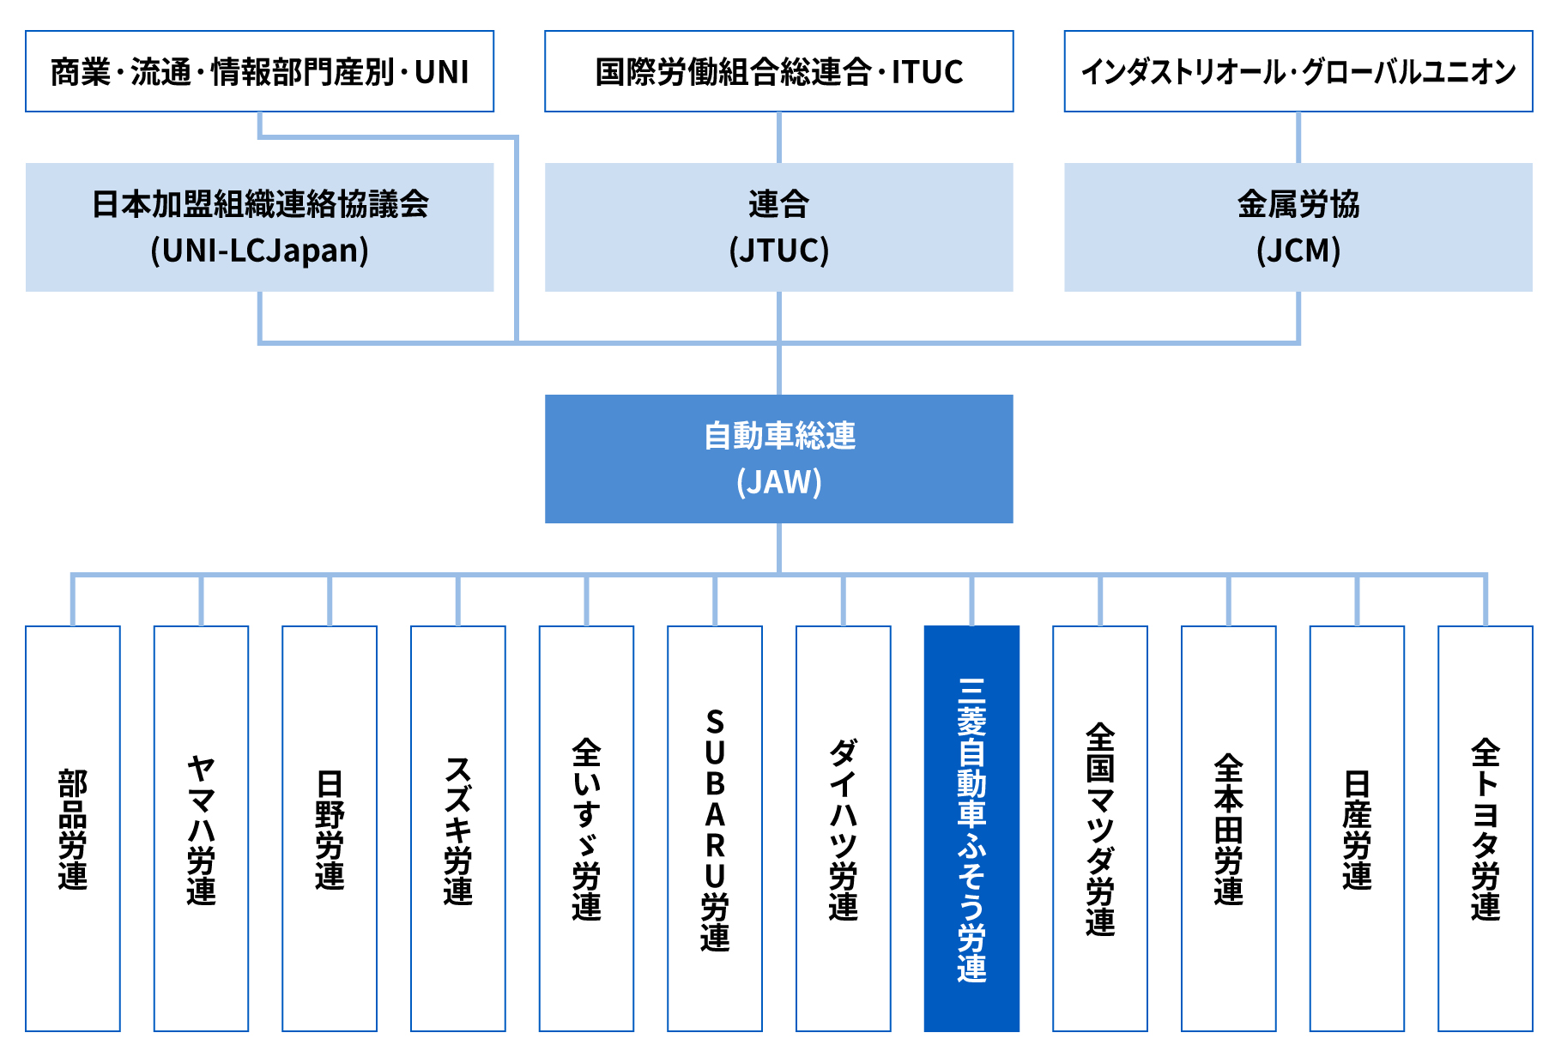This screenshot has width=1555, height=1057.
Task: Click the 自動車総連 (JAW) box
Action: (778, 459)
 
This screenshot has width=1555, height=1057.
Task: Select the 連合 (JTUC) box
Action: (778, 227)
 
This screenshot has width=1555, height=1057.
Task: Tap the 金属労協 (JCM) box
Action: (1298, 227)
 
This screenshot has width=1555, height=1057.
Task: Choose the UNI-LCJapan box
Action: (259, 227)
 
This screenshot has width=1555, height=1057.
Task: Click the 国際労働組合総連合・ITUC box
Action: (778, 71)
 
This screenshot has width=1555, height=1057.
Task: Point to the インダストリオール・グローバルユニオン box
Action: (1298, 71)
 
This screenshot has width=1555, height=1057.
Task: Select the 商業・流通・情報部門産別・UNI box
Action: (259, 71)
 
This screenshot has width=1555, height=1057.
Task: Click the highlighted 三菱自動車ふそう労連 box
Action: (971, 829)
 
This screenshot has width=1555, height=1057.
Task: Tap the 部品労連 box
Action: (73, 829)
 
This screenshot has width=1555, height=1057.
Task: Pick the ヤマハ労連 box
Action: (201, 829)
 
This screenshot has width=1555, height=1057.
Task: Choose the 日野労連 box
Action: (330, 829)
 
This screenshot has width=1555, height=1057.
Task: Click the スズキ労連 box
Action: (458, 829)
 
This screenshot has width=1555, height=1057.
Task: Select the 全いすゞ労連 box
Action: (586, 829)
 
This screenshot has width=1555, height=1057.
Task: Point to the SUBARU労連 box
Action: (715, 829)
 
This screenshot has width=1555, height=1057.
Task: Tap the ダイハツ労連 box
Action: (844, 829)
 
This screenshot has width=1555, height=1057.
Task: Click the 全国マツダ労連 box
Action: (1100, 829)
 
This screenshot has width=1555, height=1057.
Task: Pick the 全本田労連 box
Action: (1229, 829)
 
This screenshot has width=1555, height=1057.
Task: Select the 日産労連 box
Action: (1357, 829)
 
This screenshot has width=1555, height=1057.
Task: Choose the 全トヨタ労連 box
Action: (1485, 829)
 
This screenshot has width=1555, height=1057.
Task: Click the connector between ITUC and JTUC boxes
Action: (779, 137)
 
